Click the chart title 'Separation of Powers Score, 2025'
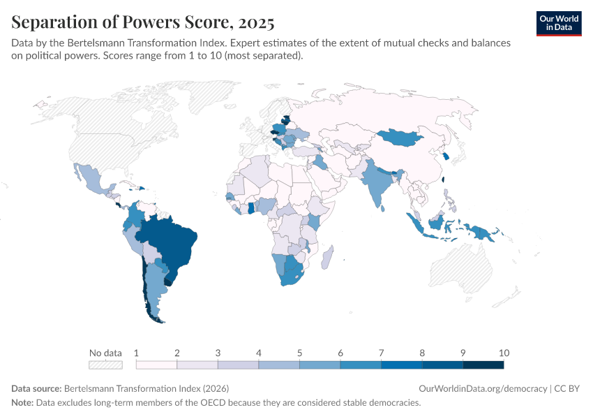(x=142, y=22)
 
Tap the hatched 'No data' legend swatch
(x=105, y=365)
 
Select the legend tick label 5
(x=299, y=353)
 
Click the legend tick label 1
(x=137, y=353)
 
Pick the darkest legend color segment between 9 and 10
(x=483, y=365)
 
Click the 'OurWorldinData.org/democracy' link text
(x=483, y=388)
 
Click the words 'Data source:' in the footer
(x=36, y=388)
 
